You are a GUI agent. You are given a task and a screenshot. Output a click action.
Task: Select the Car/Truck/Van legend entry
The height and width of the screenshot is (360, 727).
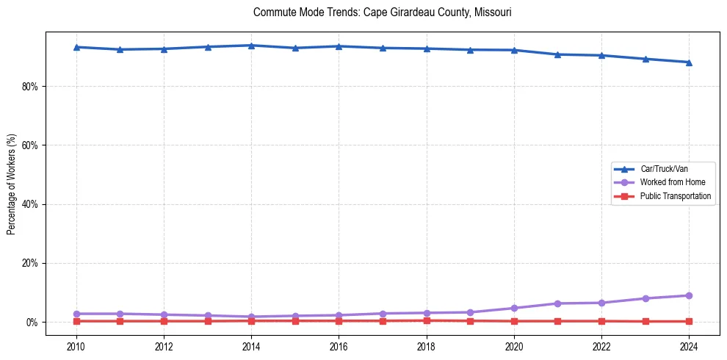click(x=664, y=169)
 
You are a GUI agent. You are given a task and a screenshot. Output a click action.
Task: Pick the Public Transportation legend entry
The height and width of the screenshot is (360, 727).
click(x=675, y=196)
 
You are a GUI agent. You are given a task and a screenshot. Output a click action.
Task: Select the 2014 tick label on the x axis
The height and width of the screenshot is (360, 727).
click(x=251, y=346)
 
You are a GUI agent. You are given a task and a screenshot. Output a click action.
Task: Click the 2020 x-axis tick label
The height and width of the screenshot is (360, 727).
click(x=514, y=346)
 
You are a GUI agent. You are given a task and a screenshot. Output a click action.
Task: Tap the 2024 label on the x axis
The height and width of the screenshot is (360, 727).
click(x=689, y=346)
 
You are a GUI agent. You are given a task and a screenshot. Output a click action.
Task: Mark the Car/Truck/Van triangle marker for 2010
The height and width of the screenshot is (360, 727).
click(x=76, y=47)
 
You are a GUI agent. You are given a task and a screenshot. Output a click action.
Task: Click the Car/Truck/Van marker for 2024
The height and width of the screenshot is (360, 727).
click(x=689, y=62)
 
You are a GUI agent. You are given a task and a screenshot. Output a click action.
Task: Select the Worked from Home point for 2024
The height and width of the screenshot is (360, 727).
click(x=689, y=295)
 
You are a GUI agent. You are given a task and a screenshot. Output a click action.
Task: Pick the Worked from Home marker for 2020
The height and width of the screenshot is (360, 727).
click(x=514, y=308)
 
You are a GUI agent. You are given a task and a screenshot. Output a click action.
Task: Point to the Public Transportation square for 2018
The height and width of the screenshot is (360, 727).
click(x=427, y=320)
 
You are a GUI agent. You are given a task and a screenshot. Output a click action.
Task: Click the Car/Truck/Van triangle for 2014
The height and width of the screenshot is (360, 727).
click(x=251, y=46)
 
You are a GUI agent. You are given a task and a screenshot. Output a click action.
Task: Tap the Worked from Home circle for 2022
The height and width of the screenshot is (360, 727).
click(x=601, y=303)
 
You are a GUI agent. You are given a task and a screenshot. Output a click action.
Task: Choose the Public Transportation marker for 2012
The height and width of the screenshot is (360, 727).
click(x=164, y=321)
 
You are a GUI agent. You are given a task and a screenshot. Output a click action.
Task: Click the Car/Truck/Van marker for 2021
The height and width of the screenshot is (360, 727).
click(x=558, y=54)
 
